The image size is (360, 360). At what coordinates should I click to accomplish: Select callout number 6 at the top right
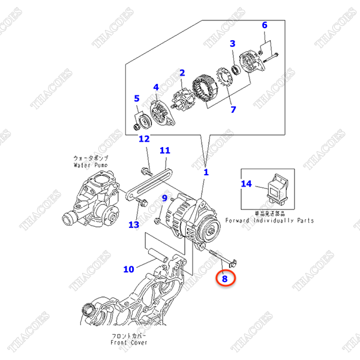265,25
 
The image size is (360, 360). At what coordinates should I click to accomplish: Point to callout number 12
144,140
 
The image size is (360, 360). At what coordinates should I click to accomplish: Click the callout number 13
133,224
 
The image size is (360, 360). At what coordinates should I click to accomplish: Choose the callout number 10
129,269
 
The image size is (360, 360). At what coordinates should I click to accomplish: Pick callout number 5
136,99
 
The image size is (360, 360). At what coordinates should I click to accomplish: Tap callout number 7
233,109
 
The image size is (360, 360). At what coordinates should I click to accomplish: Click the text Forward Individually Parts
269,221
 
